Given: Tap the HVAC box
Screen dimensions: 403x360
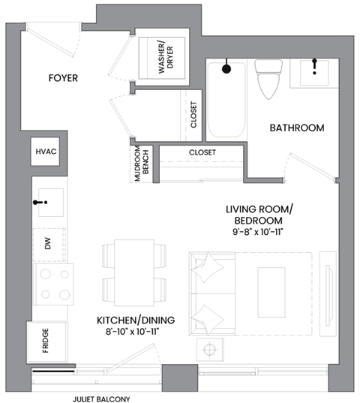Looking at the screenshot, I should pos(46,152).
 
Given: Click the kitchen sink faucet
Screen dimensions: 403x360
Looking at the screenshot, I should pos(42,202).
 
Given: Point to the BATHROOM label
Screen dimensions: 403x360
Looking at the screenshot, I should pos(297,128).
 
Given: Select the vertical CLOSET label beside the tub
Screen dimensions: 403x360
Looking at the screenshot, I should pos(193,115).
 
